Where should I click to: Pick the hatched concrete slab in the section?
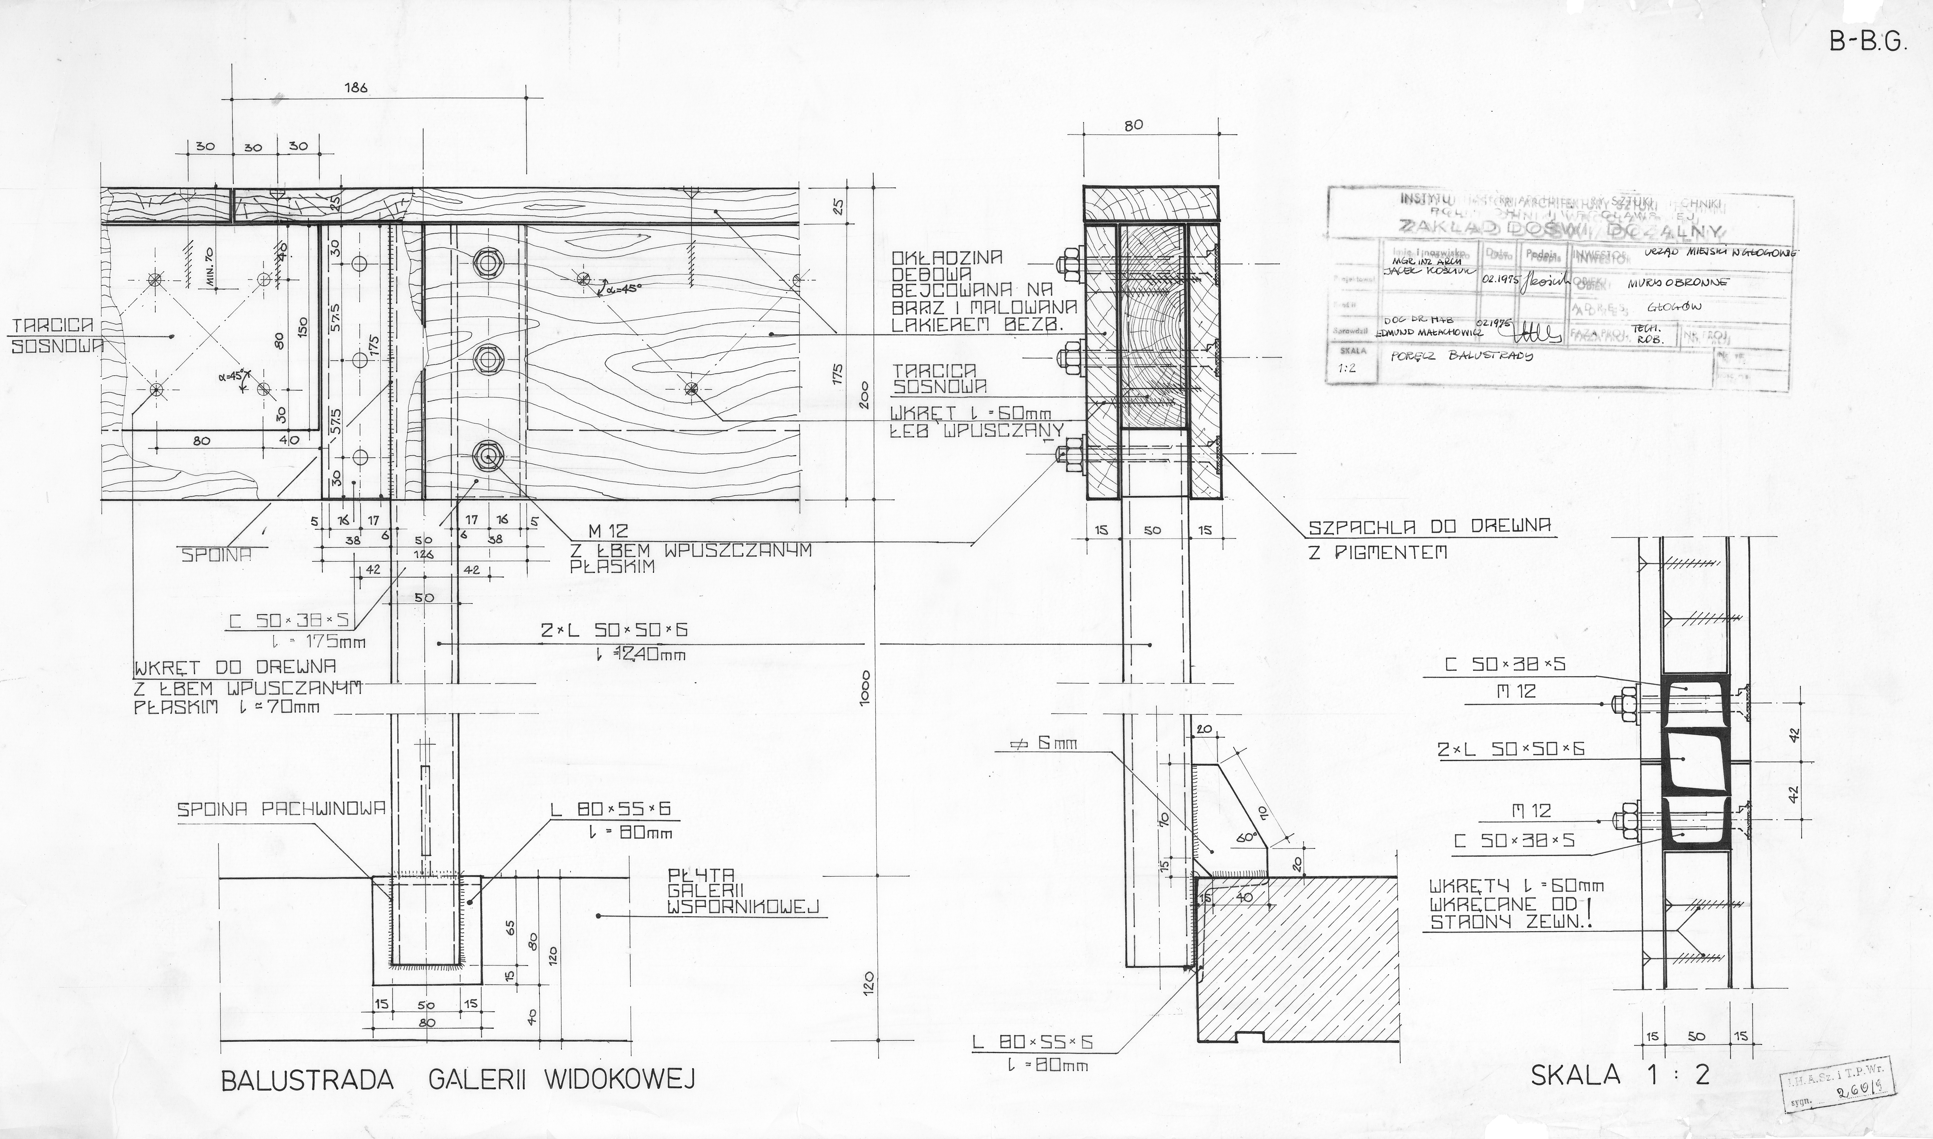pos(1305,959)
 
